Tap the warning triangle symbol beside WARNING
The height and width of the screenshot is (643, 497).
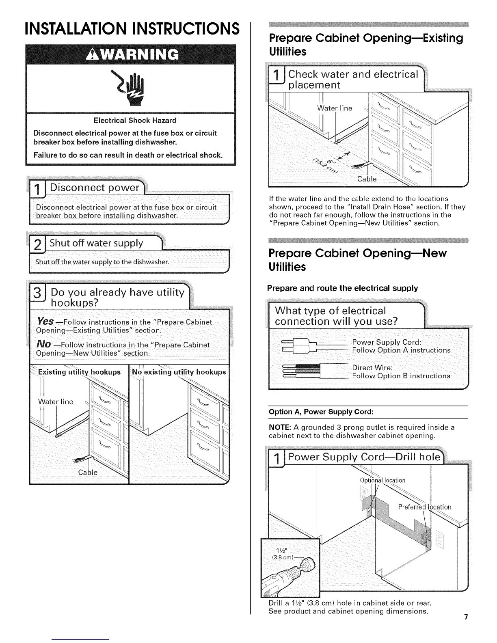pos(89,54)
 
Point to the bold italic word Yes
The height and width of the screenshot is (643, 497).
pos(45,321)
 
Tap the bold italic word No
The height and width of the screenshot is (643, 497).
pos(43,344)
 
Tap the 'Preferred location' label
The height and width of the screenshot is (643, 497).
pos(424,507)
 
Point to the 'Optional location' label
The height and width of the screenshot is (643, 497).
pos(382,481)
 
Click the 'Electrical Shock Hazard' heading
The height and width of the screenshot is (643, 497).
pos(135,121)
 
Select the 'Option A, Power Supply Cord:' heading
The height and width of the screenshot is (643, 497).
pos(321,412)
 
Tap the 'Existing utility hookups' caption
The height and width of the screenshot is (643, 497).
pos(79,372)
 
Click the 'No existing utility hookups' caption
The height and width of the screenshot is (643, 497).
pos(179,372)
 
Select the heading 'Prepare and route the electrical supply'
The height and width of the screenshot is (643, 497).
pos(342,288)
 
